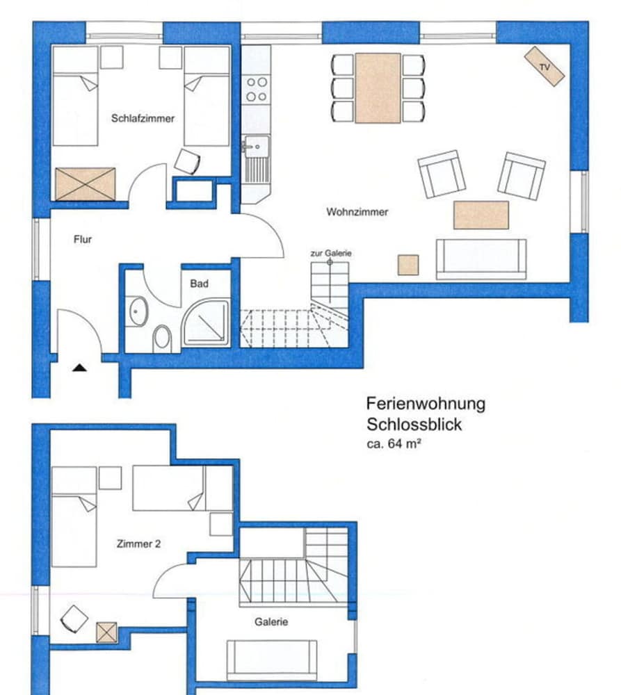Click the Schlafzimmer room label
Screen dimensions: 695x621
pos(143,119)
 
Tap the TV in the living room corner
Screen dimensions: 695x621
pos(545,67)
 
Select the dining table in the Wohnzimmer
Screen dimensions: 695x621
pos(378,88)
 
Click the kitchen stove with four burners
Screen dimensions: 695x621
pos(256,89)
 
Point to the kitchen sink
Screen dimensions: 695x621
pos(257,146)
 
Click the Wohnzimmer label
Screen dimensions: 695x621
pos(357,212)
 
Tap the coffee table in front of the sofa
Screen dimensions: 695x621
pos(481,215)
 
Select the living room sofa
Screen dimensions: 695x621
pos(481,259)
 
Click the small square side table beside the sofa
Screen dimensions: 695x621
pos(408,265)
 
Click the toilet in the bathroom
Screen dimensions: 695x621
pos(163,338)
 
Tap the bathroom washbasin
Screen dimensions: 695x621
pos(138,311)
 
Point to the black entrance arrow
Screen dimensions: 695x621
pos(80,367)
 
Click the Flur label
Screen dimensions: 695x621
pos(83,240)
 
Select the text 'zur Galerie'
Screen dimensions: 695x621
pos(331,254)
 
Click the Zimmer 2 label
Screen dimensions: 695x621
pos(139,544)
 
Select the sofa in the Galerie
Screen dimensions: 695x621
pos(272,660)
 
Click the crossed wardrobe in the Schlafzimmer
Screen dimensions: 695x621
pos(85,183)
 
